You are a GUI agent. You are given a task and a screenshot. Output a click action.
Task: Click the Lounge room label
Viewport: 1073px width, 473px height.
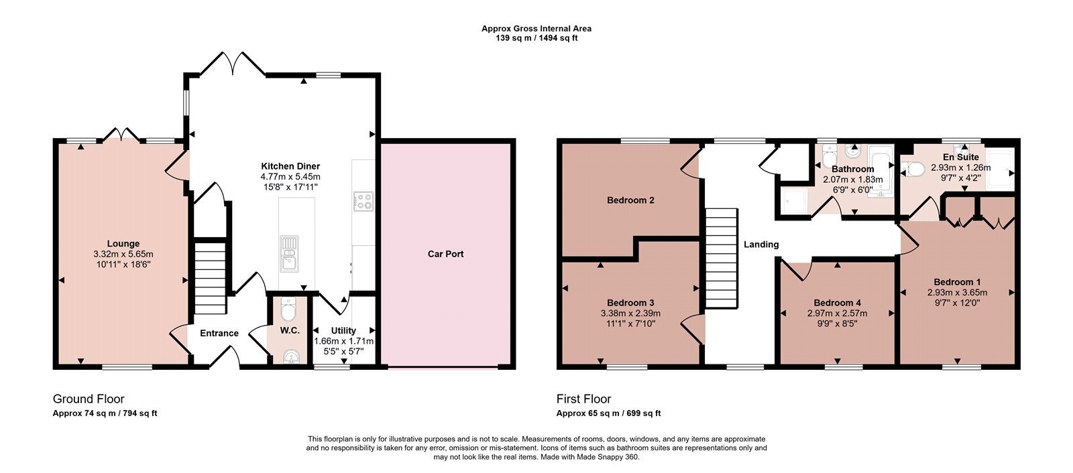(123, 244)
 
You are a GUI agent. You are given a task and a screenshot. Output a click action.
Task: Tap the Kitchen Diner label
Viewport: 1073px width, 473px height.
(290, 166)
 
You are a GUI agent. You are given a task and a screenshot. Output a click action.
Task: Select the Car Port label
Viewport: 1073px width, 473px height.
(445, 254)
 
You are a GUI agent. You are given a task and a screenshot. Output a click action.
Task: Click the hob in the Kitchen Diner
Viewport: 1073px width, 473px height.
(363, 201)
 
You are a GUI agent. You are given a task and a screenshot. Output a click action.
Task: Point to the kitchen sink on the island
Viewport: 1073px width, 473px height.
(289, 254)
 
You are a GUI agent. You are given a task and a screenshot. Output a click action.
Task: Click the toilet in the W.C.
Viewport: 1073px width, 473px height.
(289, 310)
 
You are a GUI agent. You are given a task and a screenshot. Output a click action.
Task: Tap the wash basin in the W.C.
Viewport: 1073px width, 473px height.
(291, 357)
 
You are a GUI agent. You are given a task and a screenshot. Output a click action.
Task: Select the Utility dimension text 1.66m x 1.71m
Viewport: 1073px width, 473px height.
(343, 341)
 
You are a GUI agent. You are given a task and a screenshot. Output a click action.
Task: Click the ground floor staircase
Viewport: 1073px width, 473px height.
(210, 277)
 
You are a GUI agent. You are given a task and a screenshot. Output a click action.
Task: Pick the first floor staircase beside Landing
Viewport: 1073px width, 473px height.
(721, 257)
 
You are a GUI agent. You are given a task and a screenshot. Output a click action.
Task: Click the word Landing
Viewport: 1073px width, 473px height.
(761, 245)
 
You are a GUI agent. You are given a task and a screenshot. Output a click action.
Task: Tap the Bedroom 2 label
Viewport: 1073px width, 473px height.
(630, 200)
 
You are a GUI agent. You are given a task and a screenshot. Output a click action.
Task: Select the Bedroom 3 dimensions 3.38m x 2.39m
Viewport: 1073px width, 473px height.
(630, 314)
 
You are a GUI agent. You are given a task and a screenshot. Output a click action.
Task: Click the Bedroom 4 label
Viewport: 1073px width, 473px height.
(838, 303)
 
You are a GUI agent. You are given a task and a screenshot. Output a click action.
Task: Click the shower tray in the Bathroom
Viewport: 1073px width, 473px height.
(793, 201)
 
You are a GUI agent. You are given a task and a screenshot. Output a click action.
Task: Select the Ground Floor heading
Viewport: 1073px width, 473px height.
(89, 399)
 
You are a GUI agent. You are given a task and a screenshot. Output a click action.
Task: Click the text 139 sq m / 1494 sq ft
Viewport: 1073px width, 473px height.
(536, 38)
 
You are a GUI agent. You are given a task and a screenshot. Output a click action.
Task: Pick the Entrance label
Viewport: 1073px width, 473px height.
(219, 333)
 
